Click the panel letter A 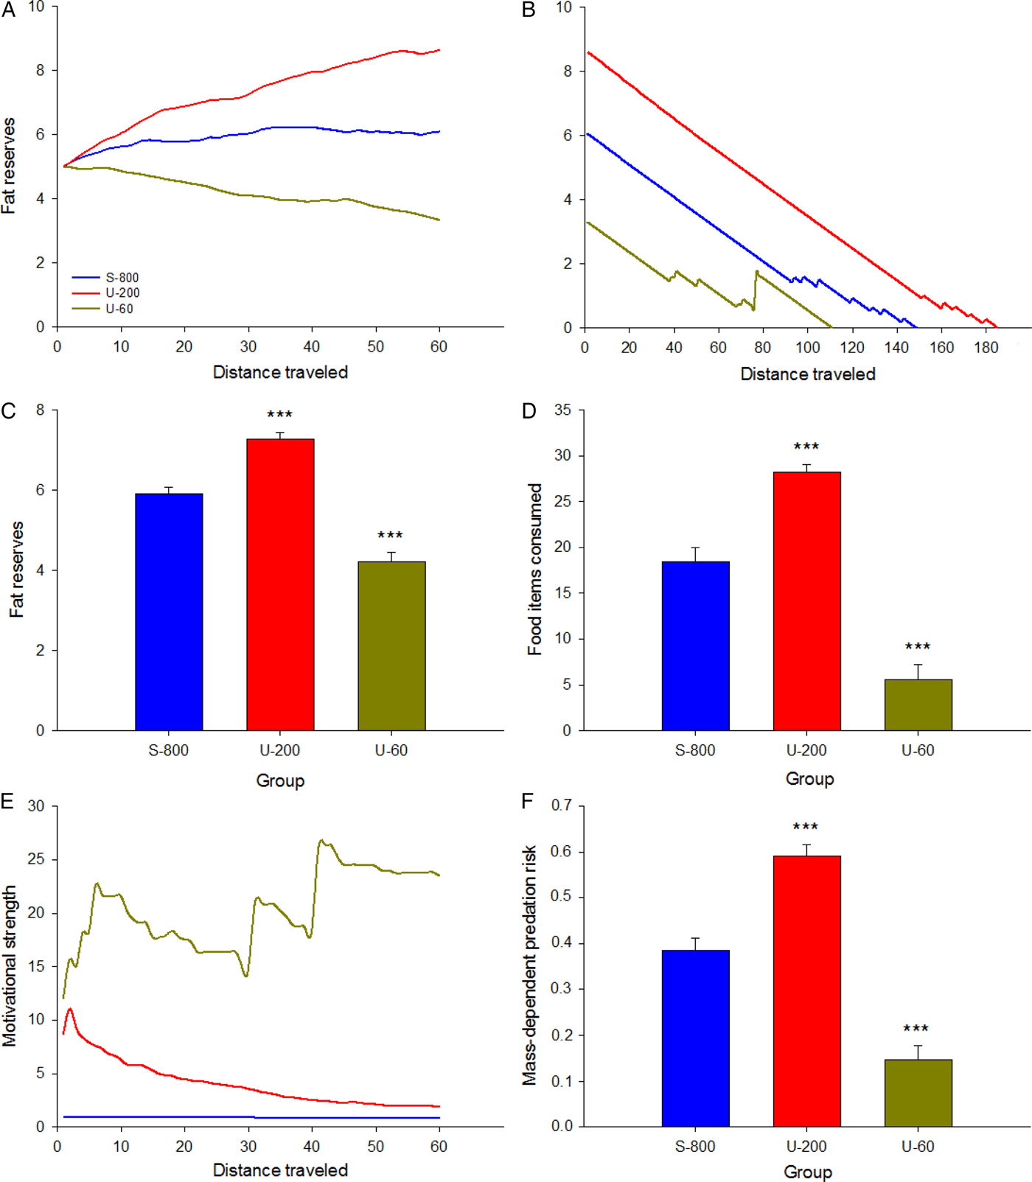(x=8, y=10)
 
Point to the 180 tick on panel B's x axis (x=986, y=347)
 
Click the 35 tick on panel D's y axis (x=562, y=410)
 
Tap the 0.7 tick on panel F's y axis (x=561, y=805)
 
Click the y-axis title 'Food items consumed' (x=535, y=569)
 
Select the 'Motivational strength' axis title (x=9, y=965)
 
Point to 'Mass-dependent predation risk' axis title (x=529, y=965)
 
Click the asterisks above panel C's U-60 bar (x=390, y=536)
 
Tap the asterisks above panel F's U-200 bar (x=806, y=827)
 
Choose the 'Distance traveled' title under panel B (x=808, y=374)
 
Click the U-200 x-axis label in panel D (x=806, y=750)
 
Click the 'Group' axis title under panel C (x=280, y=780)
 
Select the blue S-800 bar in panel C (x=169, y=612)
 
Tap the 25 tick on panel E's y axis (x=36, y=859)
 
